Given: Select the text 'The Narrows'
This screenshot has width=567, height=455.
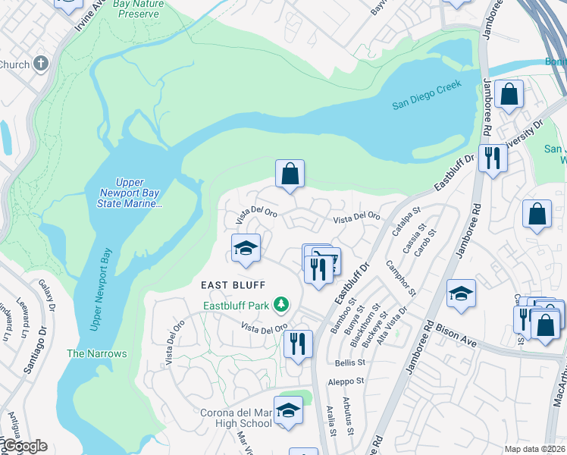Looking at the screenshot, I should tap(96, 353).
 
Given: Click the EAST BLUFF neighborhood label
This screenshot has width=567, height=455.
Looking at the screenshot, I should tap(233, 285).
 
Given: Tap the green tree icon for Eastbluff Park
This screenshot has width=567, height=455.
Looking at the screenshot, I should tap(282, 305).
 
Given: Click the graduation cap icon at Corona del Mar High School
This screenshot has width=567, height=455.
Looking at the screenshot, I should tap(288, 410).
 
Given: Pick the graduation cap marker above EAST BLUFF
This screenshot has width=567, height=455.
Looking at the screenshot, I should tap(246, 248).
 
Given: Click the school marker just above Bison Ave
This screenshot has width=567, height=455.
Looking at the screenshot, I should tap(461, 293).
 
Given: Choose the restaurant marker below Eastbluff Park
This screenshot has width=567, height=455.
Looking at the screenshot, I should tap(298, 342).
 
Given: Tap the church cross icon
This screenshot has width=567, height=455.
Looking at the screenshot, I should tap(40, 64).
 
